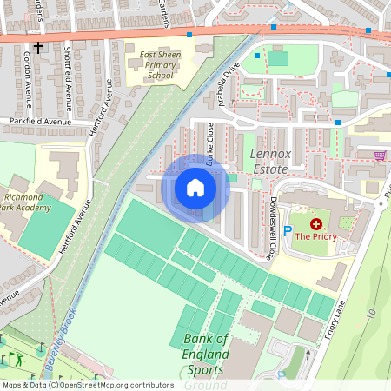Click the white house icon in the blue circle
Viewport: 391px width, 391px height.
[195, 188]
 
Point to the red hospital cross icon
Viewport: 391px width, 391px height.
[315, 223]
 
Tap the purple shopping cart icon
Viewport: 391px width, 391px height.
[380, 156]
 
